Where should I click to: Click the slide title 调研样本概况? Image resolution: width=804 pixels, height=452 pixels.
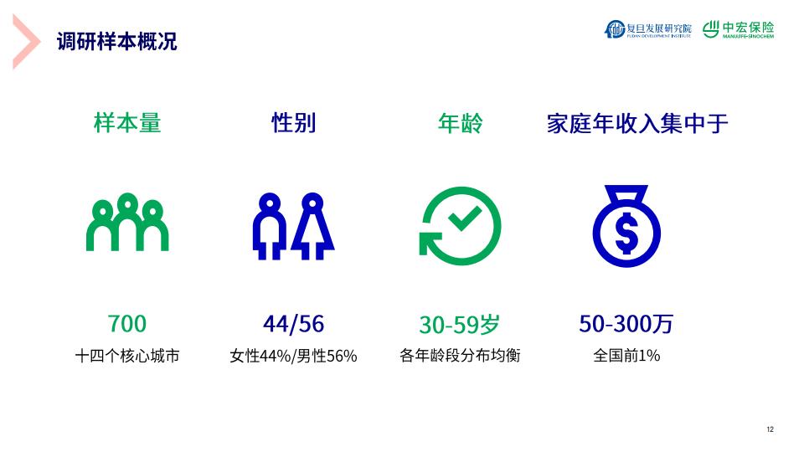tap(117, 42)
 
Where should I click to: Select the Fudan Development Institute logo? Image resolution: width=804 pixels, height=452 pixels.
tap(647, 29)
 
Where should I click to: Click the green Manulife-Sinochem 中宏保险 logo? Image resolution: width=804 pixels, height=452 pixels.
tap(738, 29)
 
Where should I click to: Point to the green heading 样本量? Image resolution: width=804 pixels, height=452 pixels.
tap(127, 124)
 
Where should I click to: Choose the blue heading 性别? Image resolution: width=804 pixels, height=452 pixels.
tap(293, 124)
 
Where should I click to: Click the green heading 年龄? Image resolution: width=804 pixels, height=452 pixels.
tap(460, 124)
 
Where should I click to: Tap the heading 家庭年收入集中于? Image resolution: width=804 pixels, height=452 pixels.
tap(637, 124)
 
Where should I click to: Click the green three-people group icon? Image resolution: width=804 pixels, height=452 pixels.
tap(127, 222)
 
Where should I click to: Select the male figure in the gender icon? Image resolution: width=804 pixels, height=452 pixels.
tap(270, 226)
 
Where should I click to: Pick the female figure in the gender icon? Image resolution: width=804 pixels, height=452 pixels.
tap(312, 226)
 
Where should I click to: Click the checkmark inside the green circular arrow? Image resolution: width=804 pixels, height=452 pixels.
tap(465, 218)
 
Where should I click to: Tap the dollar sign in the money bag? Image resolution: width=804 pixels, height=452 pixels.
tap(626, 234)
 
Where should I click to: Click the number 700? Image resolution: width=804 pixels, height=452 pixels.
tap(127, 324)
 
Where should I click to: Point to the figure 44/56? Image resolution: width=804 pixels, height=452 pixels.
tap(293, 324)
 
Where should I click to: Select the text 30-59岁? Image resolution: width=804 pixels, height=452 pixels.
tap(460, 325)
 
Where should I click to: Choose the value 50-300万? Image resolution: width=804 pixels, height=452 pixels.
tap(626, 324)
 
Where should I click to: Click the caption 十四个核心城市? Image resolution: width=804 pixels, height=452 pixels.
tap(127, 356)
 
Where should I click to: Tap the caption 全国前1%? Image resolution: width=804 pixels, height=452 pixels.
tap(626, 355)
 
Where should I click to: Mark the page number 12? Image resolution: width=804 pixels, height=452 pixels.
tap(770, 429)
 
